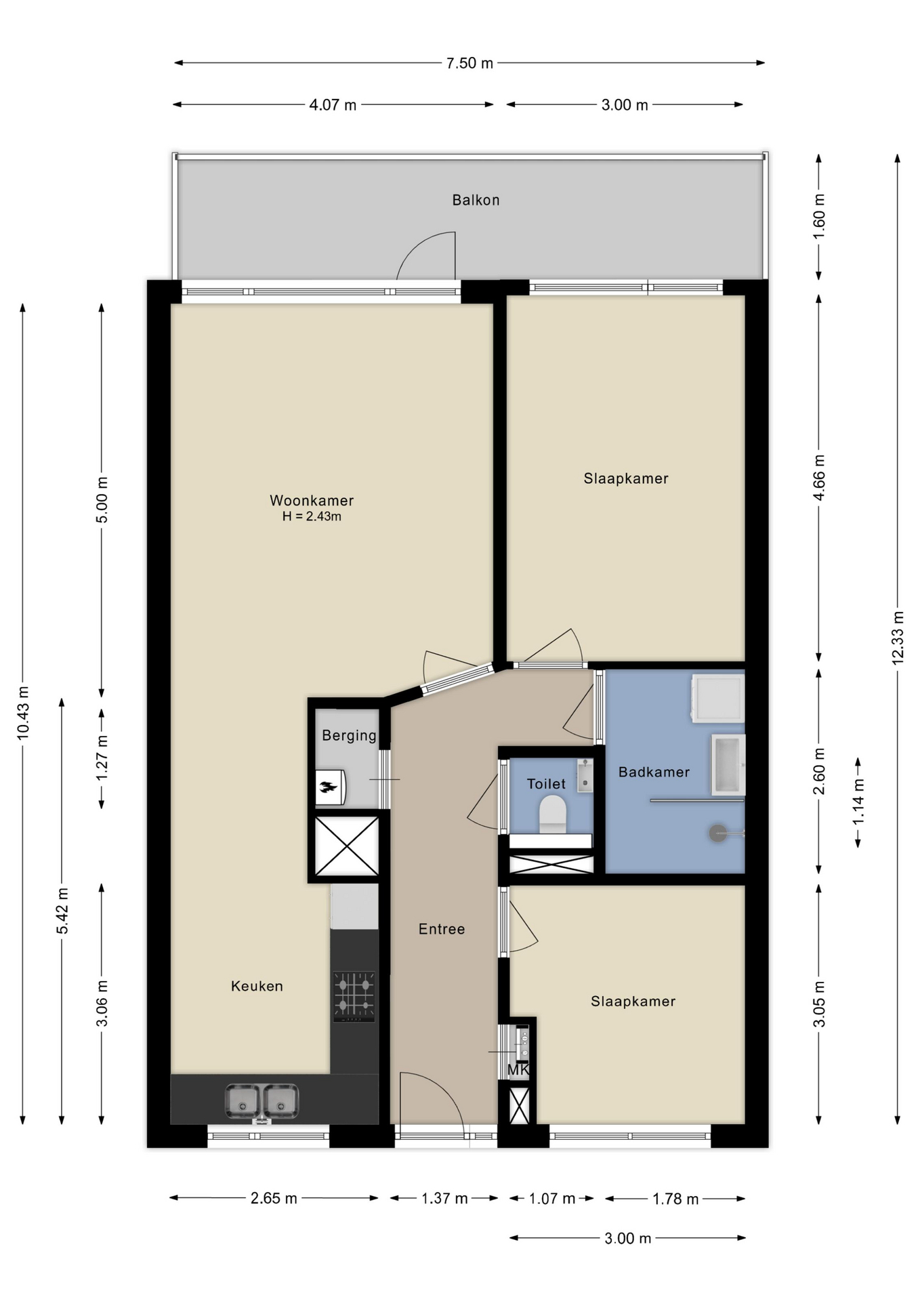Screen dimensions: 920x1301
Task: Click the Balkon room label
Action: tap(476, 200)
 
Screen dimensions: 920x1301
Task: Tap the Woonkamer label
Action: tap(312, 501)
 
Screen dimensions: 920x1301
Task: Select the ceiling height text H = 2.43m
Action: tap(312, 516)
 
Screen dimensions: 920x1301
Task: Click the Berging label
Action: tap(349, 735)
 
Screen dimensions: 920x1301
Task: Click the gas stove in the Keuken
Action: tap(354, 997)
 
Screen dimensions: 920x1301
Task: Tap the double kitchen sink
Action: tap(262, 1101)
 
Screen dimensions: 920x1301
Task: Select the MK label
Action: tap(518, 1070)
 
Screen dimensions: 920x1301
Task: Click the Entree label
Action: tap(442, 929)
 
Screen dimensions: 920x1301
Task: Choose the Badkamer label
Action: tap(654, 772)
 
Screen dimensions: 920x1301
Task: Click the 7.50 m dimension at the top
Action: tap(469, 63)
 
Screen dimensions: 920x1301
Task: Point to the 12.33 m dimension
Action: tap(898, 637)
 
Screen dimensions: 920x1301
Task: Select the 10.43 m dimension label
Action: tap(23, 712)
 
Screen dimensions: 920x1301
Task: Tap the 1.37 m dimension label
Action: tap(444, 1198)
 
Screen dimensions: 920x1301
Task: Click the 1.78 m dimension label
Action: tap(675, 1199)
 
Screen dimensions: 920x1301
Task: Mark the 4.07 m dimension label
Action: tap(333, 105)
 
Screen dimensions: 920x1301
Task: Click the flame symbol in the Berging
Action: tap(329, 787)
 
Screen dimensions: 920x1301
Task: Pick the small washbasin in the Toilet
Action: tap(585, 775)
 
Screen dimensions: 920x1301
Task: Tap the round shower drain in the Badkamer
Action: tap(717, 833)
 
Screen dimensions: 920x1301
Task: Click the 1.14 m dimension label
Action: tap(858, 802)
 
